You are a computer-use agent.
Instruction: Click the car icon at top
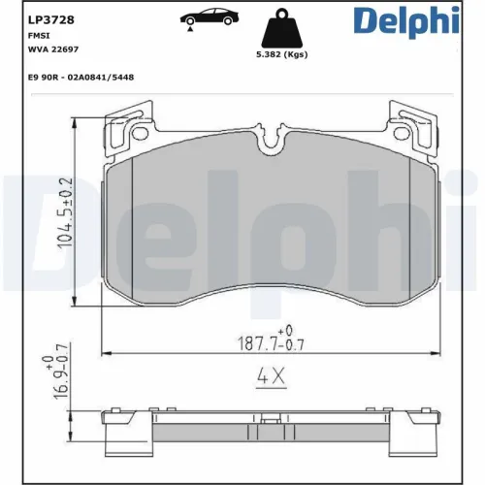pyautogui.click(x=206, y=18)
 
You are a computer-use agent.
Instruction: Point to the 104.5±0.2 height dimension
pyautogui.click(x=65, y=213)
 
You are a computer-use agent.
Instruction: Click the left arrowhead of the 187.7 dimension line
pyautogui.click(x=107, y=352)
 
